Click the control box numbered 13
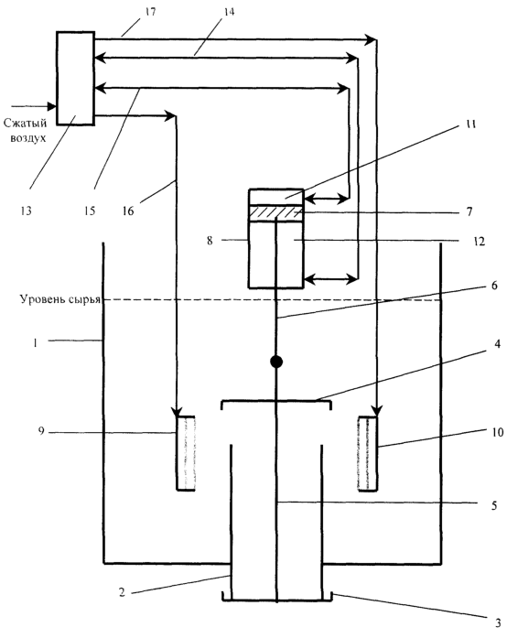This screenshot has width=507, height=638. point(75,78)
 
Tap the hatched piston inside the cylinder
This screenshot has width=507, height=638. point(276,212)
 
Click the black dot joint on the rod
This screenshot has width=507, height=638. point(276,362)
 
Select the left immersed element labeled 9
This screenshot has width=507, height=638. point(186,453)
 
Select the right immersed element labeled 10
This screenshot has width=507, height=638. point(367,453)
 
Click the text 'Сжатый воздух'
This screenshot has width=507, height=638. point(26,130)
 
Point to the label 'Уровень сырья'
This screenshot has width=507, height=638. point(59,299)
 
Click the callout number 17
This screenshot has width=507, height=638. point(150,12)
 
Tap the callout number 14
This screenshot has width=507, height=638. point(229,12)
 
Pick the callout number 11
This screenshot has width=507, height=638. point(470,124)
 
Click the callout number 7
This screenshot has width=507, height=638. point(469,211)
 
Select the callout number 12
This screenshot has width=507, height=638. point(480,242)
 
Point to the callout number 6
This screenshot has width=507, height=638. point(494,286)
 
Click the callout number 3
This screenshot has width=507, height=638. point(498,622)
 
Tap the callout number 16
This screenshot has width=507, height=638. point(128,211)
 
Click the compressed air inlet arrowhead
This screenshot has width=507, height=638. point(51,106)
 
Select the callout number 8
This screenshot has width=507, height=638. point(210,241)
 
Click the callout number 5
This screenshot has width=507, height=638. point(494,505)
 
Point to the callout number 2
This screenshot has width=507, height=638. point(122,592)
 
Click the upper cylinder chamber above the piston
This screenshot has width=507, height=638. point(276,198)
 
